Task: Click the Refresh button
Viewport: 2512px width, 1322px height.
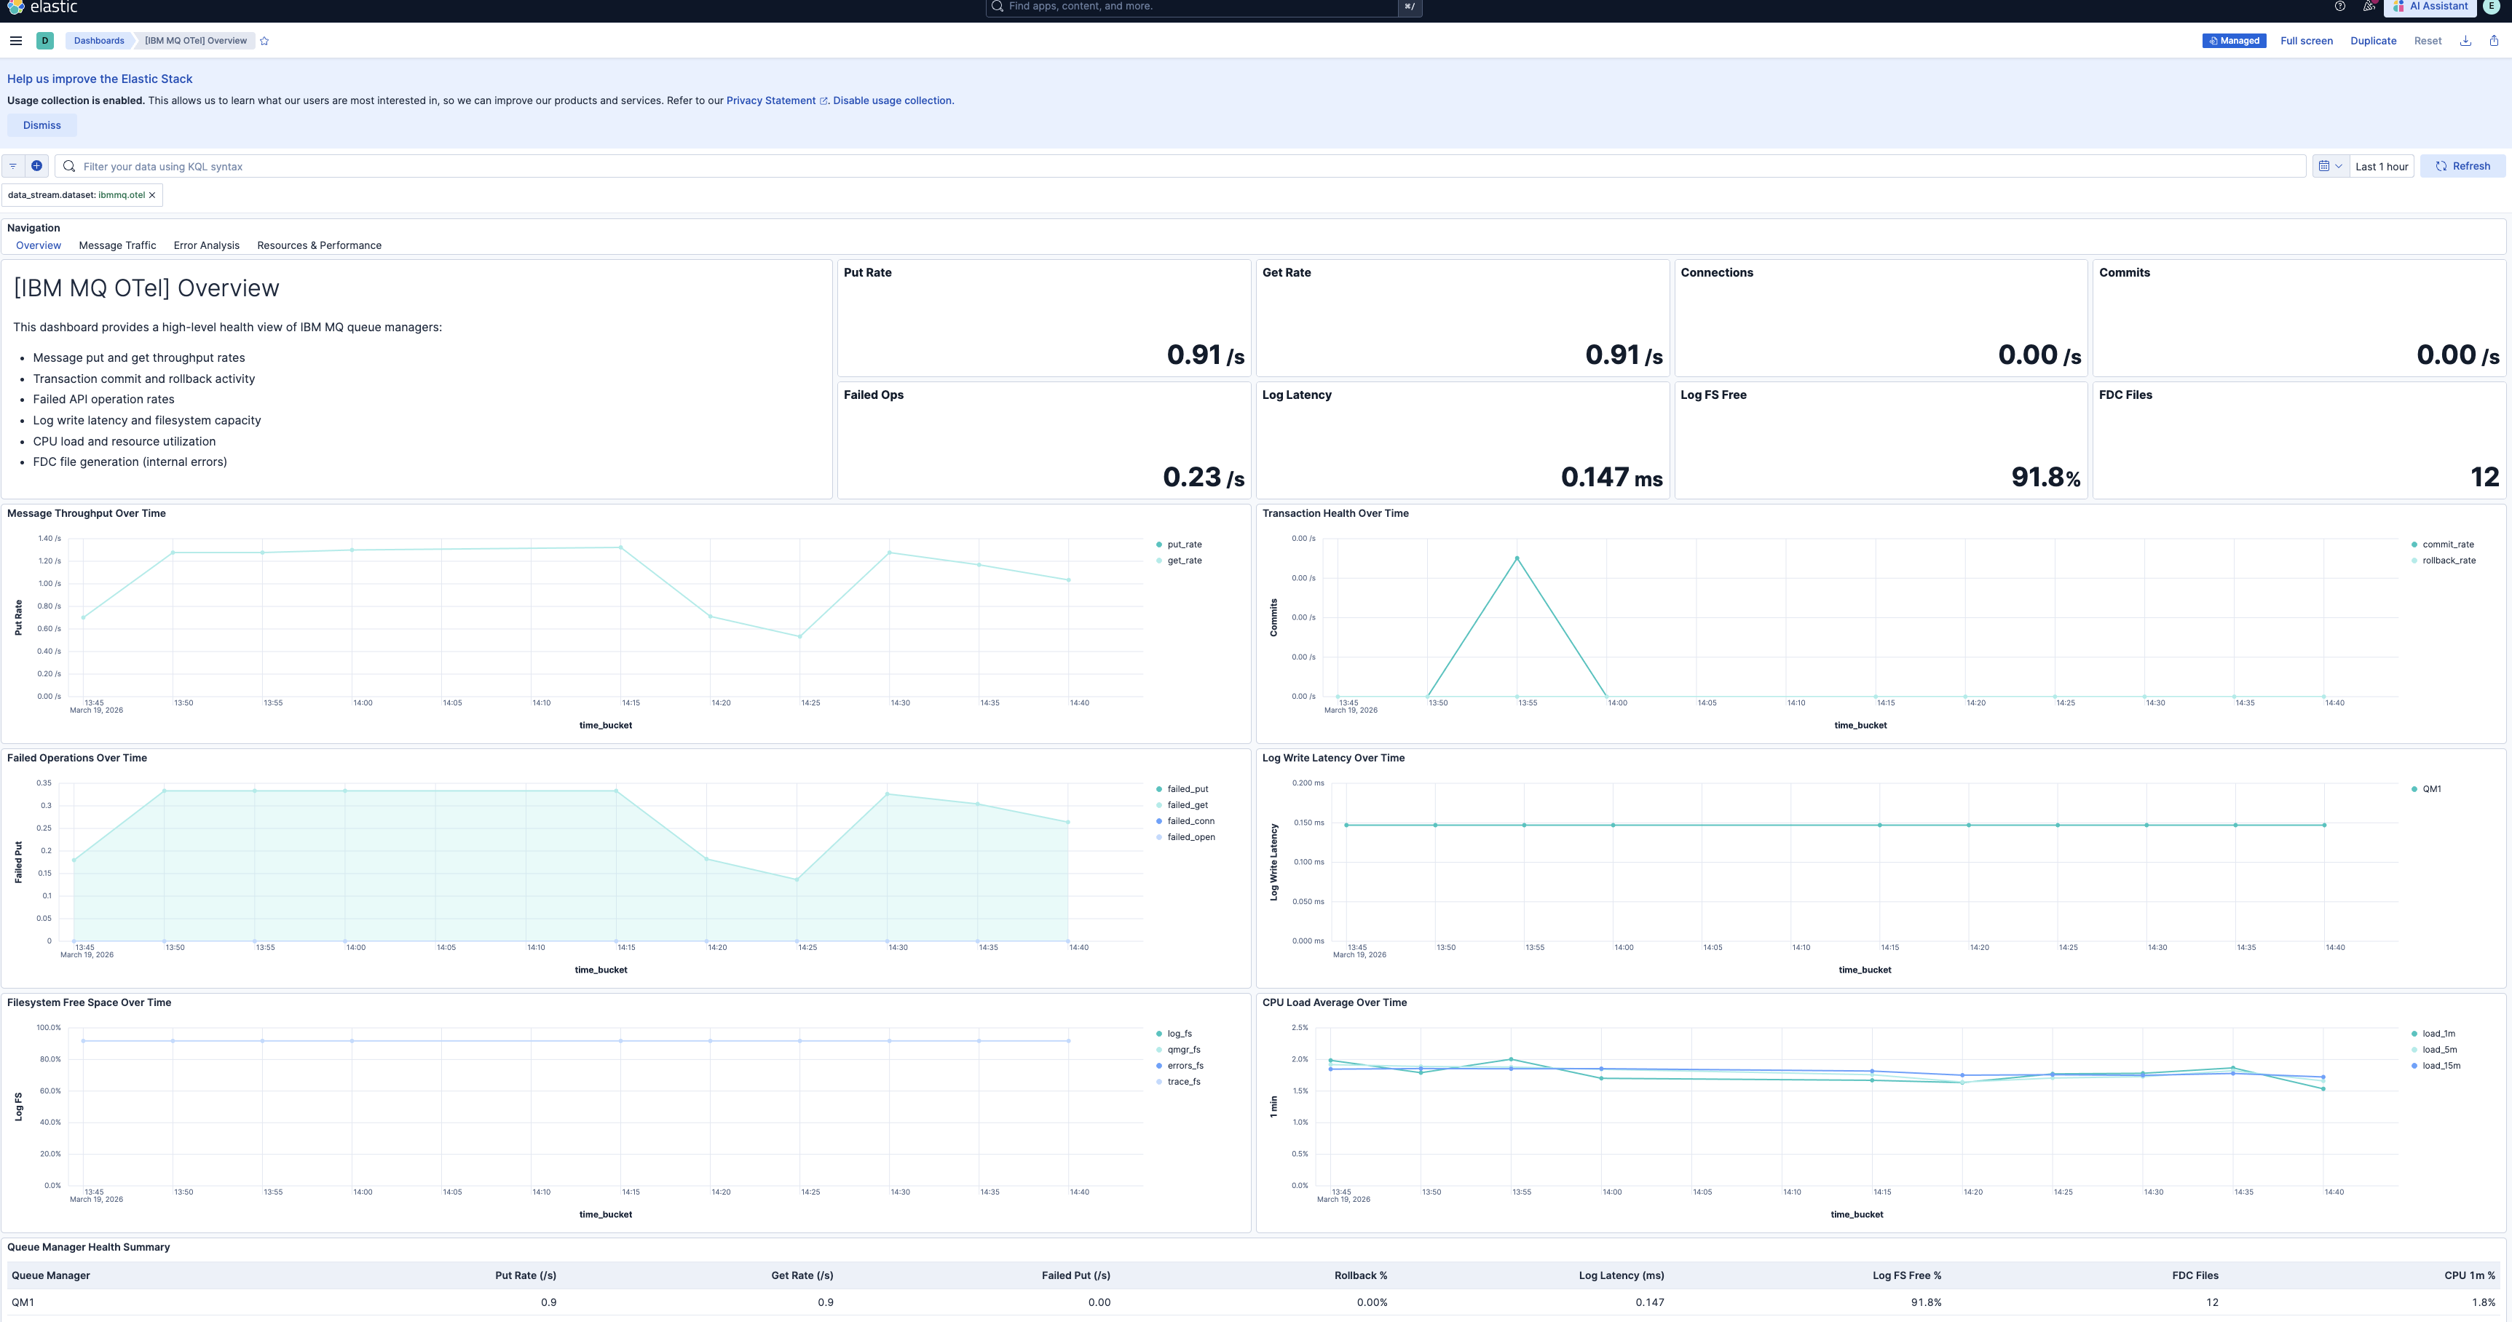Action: point(2462,166)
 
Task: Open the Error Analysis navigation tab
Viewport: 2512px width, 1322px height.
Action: point(206,245)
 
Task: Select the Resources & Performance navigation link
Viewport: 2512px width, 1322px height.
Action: point(319,245)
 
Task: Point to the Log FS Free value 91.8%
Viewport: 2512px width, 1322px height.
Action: point(2045,477)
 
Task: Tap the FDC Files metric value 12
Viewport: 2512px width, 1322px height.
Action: point(2484,477)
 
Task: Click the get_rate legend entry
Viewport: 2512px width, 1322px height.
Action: point(1184,561)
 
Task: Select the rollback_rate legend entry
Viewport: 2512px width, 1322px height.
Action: point(2448,561)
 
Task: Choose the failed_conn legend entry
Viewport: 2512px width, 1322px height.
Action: point(1190,821)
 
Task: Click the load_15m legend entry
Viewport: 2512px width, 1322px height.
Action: point(2440,1066)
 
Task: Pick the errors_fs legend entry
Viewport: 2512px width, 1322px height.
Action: point(1185,1066)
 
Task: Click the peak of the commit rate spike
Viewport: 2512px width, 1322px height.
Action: point(1517,558)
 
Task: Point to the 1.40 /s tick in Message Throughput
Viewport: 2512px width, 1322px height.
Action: point(49,538)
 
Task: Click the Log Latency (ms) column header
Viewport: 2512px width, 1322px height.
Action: point(1621,1275)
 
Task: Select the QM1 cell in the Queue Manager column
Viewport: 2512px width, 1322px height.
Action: point(23,1302)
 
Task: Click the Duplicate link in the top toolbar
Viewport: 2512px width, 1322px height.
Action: point(2372,41)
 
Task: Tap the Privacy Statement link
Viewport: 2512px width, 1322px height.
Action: point(770,100)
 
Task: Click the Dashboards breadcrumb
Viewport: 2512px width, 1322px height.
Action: point(98,41)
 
